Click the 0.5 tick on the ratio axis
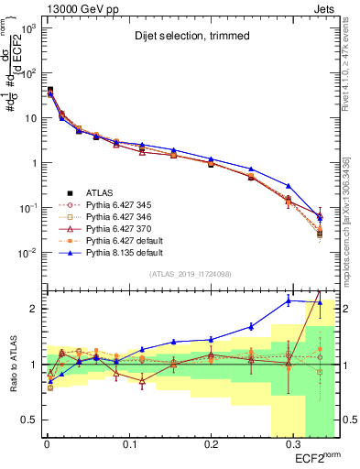pyautogui.click(x=27, y=420)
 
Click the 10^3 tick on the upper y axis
pyautogui.click(x=25, y=28)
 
